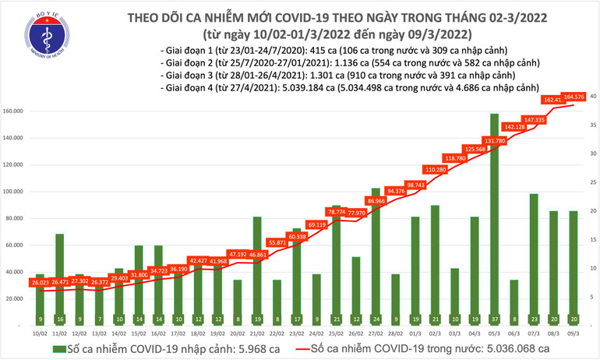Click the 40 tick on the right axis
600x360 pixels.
coord(593,96)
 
